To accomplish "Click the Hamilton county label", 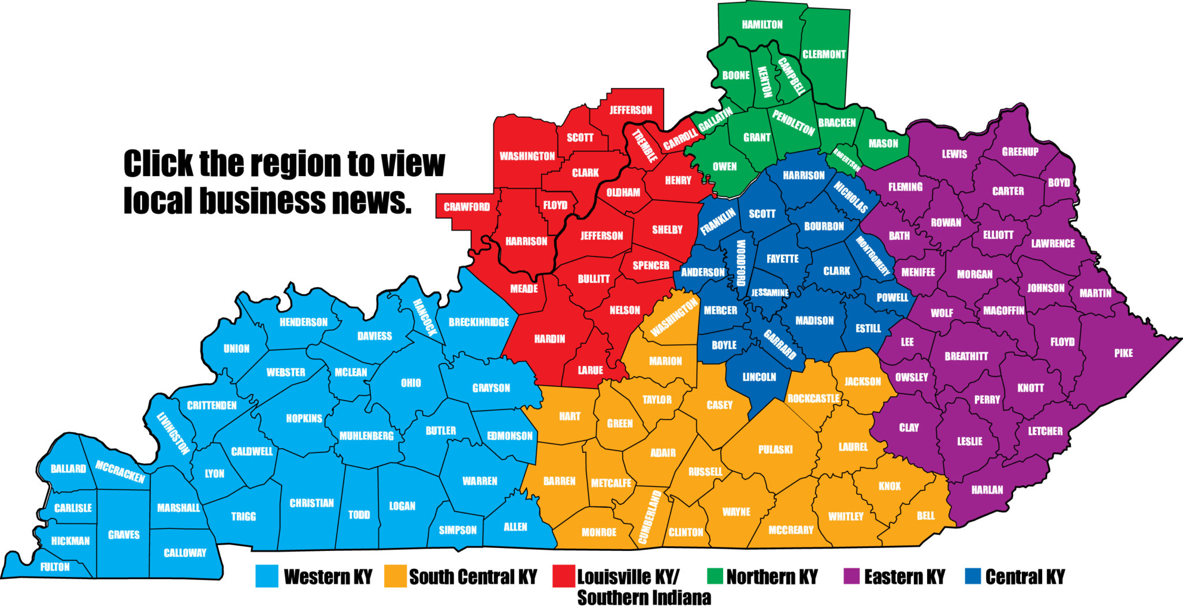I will pos(762,25).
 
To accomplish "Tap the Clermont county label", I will pos(824,54).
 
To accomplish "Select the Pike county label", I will pos(1123,353).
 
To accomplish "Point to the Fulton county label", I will pos(55,567).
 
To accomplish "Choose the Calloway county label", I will pos(185,553).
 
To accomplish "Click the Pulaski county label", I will pos(775,449).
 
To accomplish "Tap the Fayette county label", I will pos(782,259).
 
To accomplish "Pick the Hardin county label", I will pos(549,339).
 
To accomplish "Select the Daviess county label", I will pos(374,336).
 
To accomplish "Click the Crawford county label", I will pos(467,207).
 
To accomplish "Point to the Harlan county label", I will pos(987,490).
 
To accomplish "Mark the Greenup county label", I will pos(1020,152).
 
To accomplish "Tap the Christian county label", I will pos(311,503).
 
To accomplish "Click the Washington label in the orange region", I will pos(674,318).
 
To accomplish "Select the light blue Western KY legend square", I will pos(267,576).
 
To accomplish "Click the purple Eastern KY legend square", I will pos(851,576).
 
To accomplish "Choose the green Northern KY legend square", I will pos(715,576).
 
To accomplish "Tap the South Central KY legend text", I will pos(473,576).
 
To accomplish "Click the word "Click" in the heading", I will pos(158,163).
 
